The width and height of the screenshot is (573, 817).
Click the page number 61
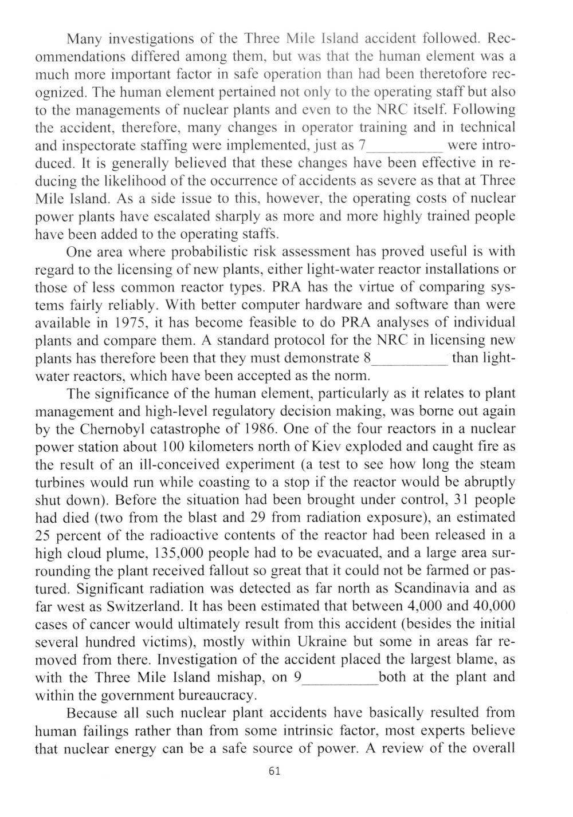pos(274,770)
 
